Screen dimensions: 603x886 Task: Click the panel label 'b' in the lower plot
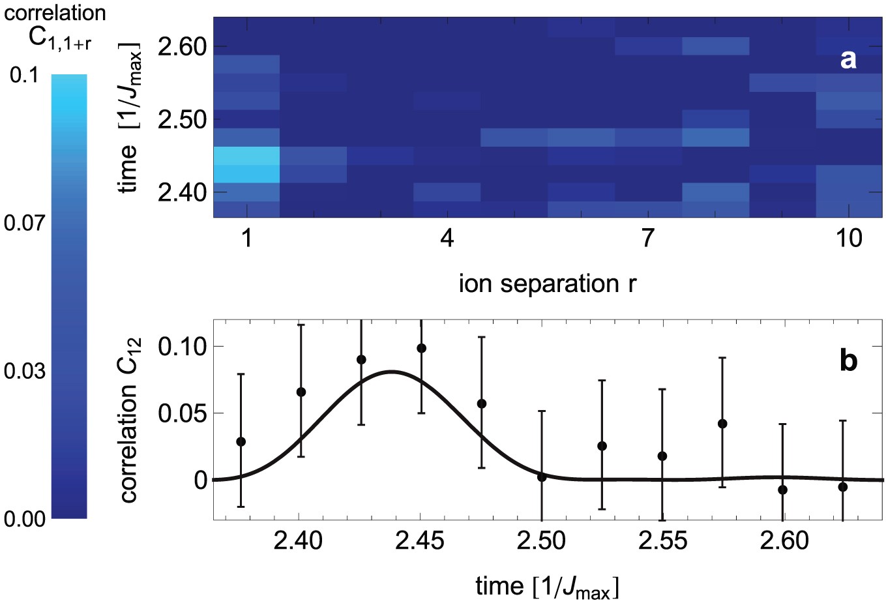[848, 360]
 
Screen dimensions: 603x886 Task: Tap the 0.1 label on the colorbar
[23, 76]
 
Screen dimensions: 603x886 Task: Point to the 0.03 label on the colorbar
[23, 372]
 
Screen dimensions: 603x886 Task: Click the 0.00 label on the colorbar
[23, 519]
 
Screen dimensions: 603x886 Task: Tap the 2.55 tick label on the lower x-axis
[662, 540]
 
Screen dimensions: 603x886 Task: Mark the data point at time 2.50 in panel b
[542, 477]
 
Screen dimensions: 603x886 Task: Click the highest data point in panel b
[421, 348]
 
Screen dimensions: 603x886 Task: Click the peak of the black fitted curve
[392, 372]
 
